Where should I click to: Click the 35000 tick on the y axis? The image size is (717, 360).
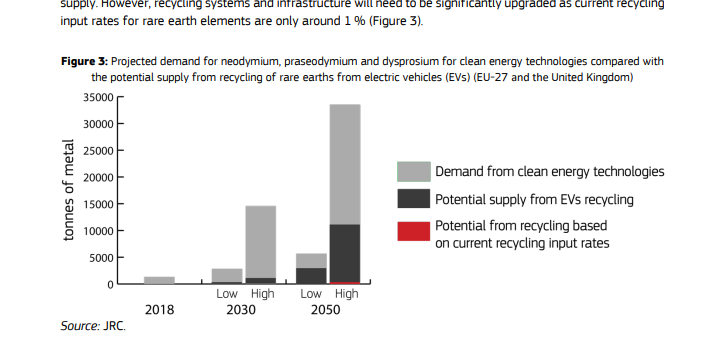pyautogui.click(x=98, y=97)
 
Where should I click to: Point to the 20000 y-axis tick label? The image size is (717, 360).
pyautogui.click(x=98, y=177)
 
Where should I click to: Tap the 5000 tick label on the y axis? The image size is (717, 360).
pyautogui.click(x=101, y=258)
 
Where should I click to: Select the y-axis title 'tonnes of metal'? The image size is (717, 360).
pyautogui.click(x=69, y=191)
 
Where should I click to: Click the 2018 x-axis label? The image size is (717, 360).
pyautogui.click(x=159, y=310)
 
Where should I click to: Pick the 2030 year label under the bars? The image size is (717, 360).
pyautogui.click(x=243, y=310)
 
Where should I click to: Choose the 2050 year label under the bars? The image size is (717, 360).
pyautogui.click(x=327, y=310)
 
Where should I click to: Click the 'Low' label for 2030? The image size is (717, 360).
pyautogui.click(x=226, y=294)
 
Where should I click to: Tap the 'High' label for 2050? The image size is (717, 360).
pyautogui.click(x=346, y=294)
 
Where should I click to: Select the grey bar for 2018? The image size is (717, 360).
pyautogui.click(x=159, y=280)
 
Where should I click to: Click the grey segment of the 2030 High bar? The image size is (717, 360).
pyautogui.click(x=260, y=241)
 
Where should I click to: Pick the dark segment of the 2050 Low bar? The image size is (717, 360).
pyautogui.click(x=311, y=275)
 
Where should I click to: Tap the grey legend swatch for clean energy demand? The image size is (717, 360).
pyautogui.click(x=413, y=172)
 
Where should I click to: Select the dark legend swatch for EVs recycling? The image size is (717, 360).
pyautogui.click(x=413, y=199)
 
